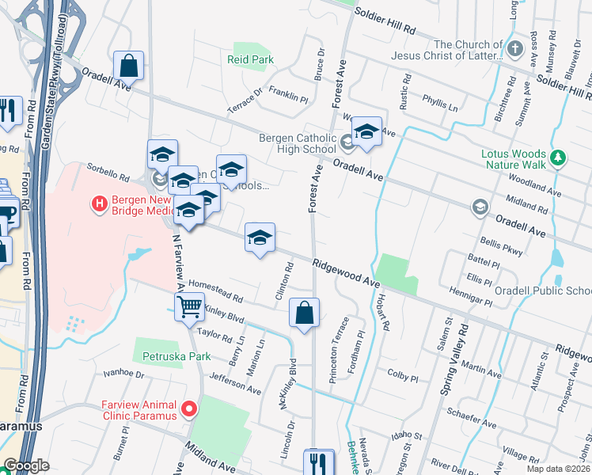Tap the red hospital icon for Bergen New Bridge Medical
pos(100,204)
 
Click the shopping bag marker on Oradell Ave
pos(128,66)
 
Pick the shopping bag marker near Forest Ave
pos(304,313)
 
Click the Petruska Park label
pos(176,356)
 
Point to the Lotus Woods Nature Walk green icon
pos(559,158)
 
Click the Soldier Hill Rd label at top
pos(385,20)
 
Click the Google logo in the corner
pos(27,465)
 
